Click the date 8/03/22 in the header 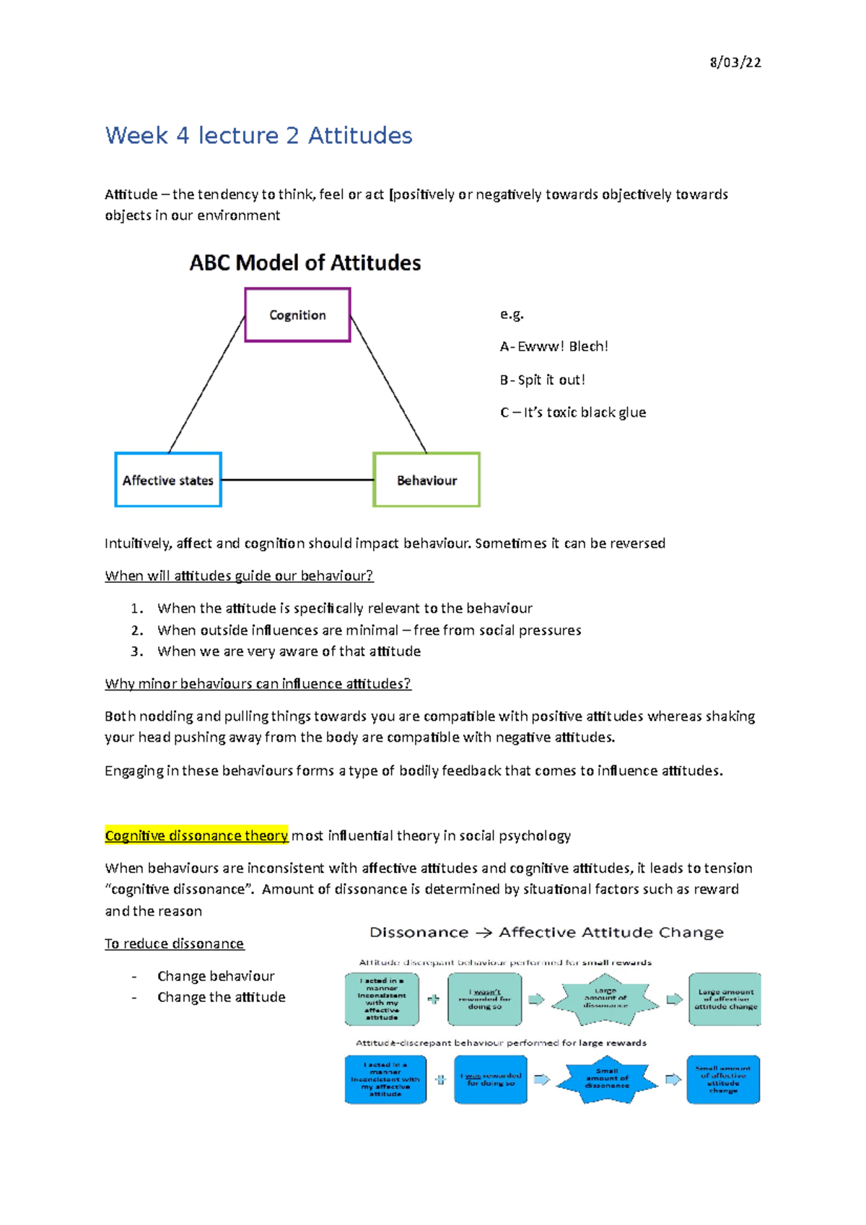point(735,63)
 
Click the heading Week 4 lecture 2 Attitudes point(258,136)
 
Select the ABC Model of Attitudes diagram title point(305,263)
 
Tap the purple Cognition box point(297,315)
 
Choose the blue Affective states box point(168,480)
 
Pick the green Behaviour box point(427,480)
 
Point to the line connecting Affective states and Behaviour point(297,480)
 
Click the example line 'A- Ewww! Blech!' point(554,347)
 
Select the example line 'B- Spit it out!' point(542,380)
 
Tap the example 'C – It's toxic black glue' point(572,413)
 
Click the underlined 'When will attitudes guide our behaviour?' point(239,576)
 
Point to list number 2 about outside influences point(369,631)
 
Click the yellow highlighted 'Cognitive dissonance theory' point(196,835)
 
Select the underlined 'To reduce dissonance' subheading point(174,944)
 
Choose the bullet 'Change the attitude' point(221,997)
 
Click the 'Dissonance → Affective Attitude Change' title point(546,932)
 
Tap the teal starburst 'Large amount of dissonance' point(605,999)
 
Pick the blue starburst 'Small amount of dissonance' point(607,1079)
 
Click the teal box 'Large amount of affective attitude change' point(725,999)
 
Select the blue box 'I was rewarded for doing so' point(491,1080)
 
